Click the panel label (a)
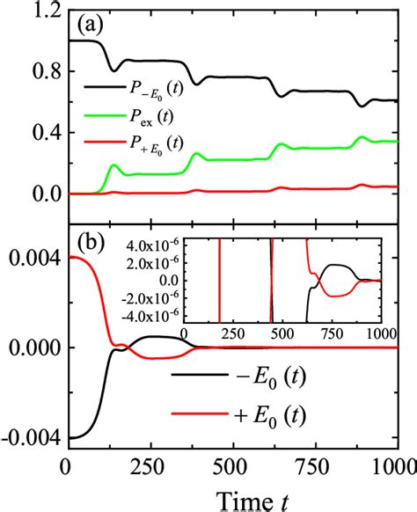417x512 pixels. coord(90,25)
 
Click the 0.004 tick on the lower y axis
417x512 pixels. coord(32,258)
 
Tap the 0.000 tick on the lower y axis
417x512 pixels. coord(32,347)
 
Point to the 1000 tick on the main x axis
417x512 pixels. coord(387,464)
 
